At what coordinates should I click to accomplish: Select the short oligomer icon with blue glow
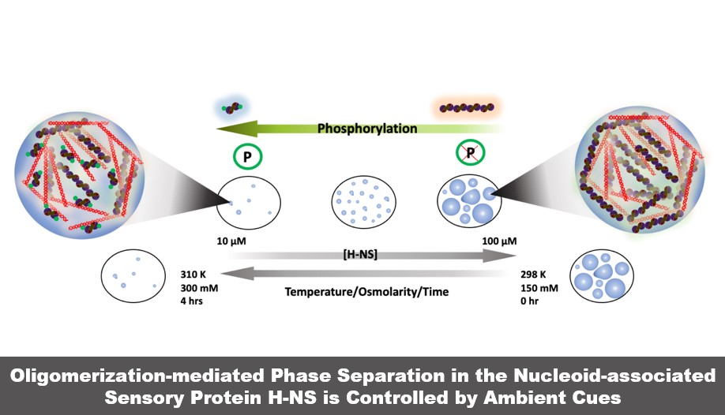pos(231,108)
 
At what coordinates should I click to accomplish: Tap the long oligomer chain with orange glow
pos(469,107)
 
